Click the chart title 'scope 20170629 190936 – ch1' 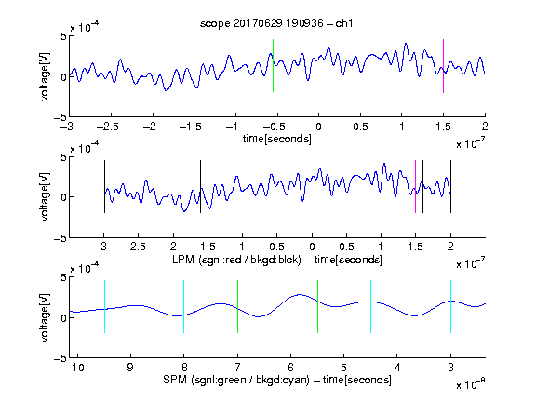(x=276, y=23)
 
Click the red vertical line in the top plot (x=194, y=66)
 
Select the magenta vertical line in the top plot (x=443, y=66)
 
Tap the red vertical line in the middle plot (x=208, y=187)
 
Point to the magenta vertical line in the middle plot (x=415, y=187)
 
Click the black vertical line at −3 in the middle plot (x=104, y=187)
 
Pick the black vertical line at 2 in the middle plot (x=450, y=187)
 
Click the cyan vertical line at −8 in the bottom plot (x=183, y=307)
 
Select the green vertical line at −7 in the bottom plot (x=237, y=307)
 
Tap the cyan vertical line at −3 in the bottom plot (x=450, y=307)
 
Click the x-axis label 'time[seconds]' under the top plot (x=277, y=139)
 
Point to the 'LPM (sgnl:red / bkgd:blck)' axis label (x=236, y=260)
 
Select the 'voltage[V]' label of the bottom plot (x=45, y=317)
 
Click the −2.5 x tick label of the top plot (x=108, y=127)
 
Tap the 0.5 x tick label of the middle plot (x=346, y=247)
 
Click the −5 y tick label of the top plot (x=60, y=117)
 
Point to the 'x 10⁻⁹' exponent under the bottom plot (x=471, y=384)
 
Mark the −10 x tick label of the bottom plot (x=74, y=368)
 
